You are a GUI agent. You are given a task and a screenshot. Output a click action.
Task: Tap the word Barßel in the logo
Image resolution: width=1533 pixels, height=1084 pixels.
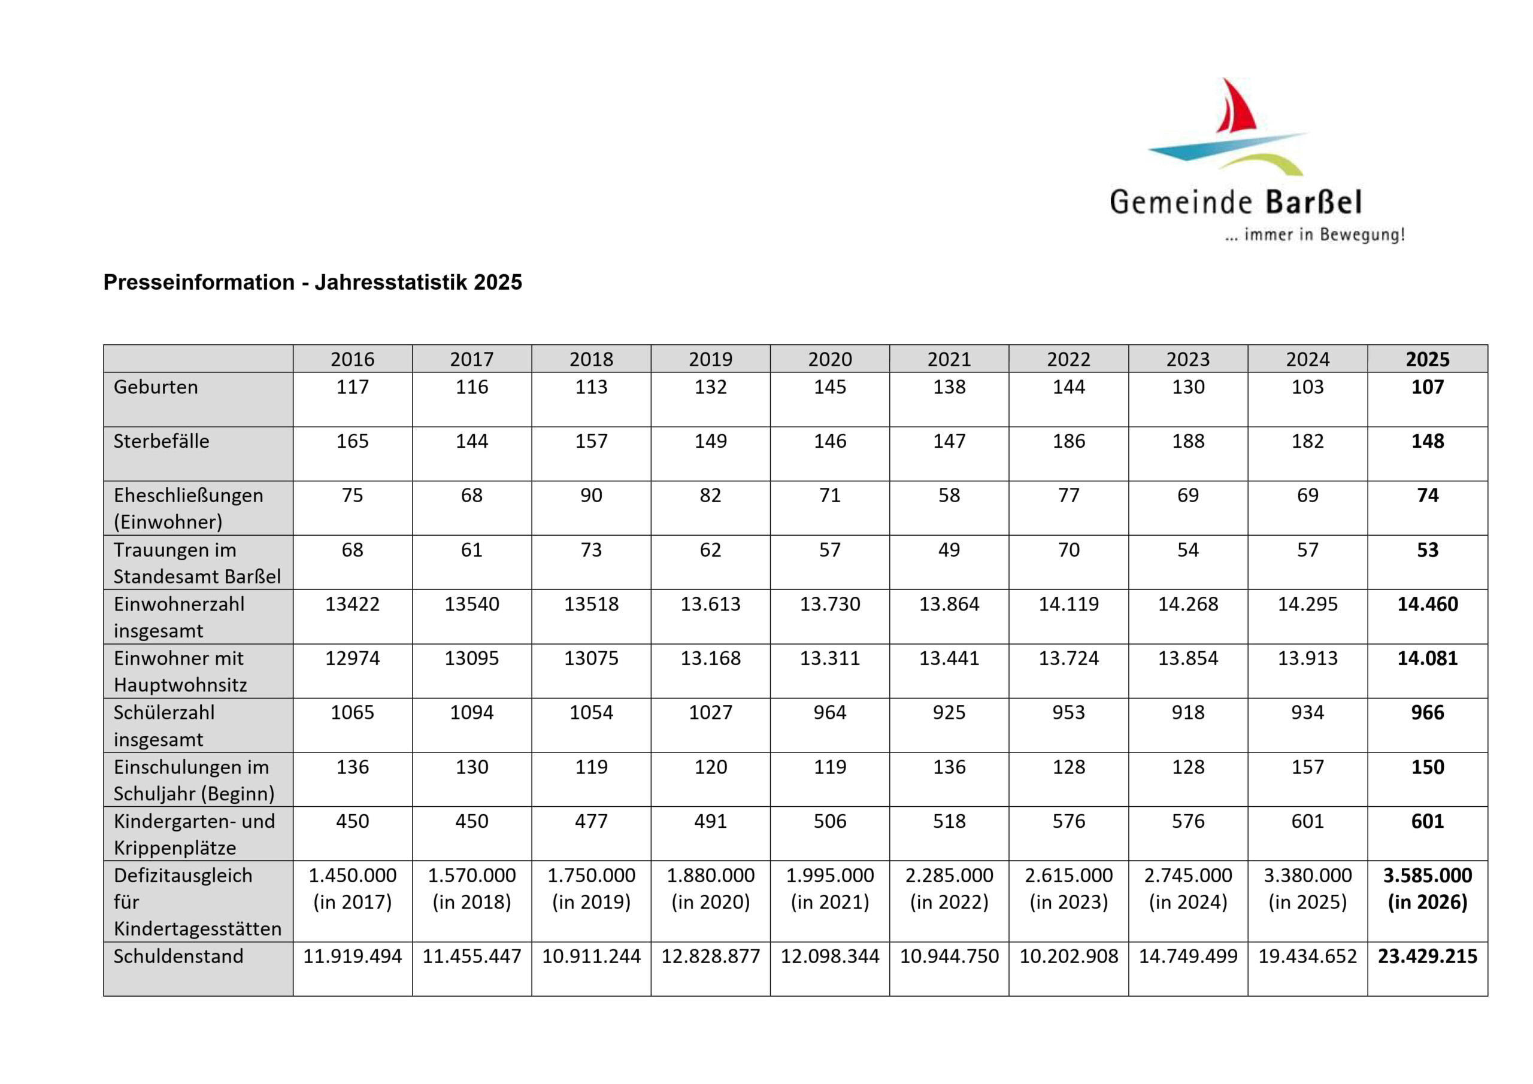(1313, 202)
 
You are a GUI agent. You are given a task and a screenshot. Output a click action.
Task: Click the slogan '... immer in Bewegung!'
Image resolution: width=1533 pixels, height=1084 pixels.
(1314, 236)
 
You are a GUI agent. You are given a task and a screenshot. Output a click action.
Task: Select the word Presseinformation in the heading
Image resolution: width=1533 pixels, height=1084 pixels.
(198, 283)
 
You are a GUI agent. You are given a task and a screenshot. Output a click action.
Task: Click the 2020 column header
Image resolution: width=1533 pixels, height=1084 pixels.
(829, 359)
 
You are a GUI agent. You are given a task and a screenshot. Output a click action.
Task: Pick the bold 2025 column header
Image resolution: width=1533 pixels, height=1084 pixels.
(1427, 359)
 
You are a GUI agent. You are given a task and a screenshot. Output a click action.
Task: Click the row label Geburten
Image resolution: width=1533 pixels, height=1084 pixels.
(156, 387)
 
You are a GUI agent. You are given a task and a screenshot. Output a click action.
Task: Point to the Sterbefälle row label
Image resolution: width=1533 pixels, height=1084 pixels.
(161, 441)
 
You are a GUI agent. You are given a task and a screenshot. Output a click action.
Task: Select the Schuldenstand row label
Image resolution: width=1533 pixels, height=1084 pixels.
(178, 956)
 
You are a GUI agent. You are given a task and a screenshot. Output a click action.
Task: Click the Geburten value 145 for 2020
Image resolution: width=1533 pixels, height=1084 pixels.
(829, 387)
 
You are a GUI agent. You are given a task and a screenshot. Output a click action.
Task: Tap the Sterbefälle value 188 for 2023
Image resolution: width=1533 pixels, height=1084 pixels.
(1188, 441)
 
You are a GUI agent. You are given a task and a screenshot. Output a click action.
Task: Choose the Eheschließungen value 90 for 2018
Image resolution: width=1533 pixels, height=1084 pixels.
(591, 495)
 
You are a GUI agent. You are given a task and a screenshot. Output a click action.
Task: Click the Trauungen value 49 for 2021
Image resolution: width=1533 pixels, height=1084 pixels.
(949, 550)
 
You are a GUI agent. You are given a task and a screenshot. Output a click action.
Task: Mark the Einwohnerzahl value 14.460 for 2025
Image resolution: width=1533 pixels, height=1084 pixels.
(1427, 604)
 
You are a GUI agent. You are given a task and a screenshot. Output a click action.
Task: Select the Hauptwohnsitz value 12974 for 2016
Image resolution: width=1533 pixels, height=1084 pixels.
(352, 658)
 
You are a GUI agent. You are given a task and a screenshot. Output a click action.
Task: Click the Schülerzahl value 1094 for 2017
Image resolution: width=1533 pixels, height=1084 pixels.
(471, 712)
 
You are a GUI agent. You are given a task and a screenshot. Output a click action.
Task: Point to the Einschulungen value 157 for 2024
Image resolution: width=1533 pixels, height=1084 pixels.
(1307, 767)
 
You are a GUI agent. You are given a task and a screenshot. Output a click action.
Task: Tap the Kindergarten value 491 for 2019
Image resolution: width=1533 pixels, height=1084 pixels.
(710, 821)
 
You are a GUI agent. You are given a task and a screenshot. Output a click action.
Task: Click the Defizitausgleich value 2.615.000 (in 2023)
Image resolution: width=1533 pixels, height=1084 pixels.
(1068, 888)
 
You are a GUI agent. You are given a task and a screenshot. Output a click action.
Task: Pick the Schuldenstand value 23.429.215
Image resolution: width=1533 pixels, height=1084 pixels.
(1427, 956)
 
